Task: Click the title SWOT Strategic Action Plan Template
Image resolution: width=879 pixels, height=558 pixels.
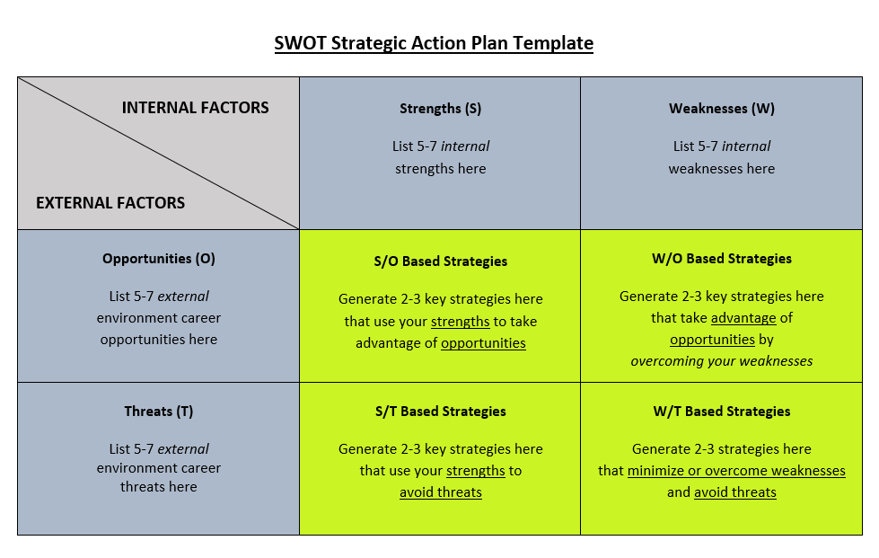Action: click(434, 43)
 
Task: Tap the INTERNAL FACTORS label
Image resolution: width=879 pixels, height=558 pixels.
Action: click(195, 108)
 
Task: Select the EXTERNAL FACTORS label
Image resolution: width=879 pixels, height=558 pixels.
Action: click(110, 202)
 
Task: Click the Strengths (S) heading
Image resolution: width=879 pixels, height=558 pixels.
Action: click(440, 108)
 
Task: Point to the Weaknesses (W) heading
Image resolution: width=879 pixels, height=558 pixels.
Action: click(722, 108)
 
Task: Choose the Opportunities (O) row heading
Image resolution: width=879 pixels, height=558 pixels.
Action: click(159, 259)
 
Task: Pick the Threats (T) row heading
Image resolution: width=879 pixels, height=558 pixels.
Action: click(159, 411)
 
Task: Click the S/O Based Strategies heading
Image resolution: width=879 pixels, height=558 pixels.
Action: click(440, 261)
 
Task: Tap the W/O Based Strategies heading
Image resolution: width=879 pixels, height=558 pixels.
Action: click(722, 259)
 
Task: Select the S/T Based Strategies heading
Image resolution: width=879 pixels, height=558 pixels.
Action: click(440, 411)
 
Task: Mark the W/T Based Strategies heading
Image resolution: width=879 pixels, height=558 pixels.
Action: click(722, 411)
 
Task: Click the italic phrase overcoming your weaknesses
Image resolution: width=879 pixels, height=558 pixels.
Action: click(722, 361)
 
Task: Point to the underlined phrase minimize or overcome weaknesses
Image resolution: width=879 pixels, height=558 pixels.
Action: click(736, 471)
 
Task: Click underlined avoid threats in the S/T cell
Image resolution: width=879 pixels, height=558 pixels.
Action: click(441, 492)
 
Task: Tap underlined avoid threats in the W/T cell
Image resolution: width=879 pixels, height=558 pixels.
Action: click(735, 492)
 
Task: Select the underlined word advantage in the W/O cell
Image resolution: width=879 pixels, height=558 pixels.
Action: click(743, 318)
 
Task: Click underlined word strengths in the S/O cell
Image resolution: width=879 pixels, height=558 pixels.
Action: click(461, 322)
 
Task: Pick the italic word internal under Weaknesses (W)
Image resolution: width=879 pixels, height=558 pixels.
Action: click(745, 146)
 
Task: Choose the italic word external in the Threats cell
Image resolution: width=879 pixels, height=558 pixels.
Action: click(183, 448)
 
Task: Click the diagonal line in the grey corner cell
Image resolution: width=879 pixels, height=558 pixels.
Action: click(159, 153)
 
